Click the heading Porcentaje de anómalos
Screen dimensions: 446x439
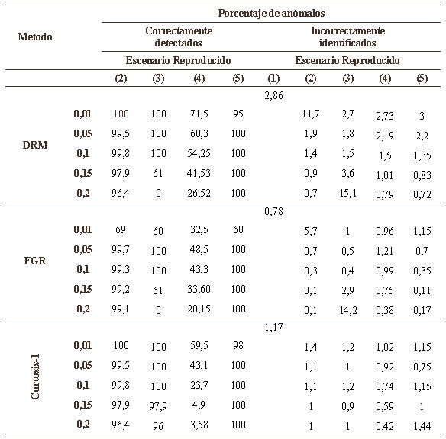tap(271, 13)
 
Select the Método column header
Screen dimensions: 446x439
tap(35, 37)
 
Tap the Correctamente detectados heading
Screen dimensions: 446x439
tap(179, 37)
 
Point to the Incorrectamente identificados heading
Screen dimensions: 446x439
tap(348, 37)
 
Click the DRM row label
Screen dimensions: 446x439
tap(35, 145)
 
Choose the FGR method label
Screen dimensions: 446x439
tap(35, 261)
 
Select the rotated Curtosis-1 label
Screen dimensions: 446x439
tap(35, 377)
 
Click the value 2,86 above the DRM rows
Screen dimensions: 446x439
tap(273, 95)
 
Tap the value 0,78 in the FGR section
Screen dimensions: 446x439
tap(273, 211)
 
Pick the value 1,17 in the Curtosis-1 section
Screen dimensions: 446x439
tap(273, 327)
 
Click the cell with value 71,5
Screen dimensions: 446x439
tap(199, 114)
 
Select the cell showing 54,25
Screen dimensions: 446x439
tap(199, 153)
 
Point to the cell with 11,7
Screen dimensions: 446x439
tap(311, 114)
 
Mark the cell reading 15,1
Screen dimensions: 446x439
tap(348, 193)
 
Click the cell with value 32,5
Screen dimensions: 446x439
tap(199, 229)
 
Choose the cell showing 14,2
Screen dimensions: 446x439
tap(348, 310)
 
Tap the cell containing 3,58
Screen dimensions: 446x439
tap(199, 425)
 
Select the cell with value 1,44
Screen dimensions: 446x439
tap(422, 426)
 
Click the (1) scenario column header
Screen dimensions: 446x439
tap(273, 79)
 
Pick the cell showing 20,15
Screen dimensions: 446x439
tap(199, 309)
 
